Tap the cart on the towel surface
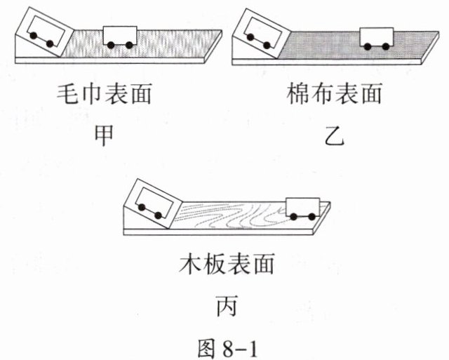click(121, 36)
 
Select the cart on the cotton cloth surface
click(375, 37)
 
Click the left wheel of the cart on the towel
click(111, 45)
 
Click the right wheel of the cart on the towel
click(130, 45)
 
